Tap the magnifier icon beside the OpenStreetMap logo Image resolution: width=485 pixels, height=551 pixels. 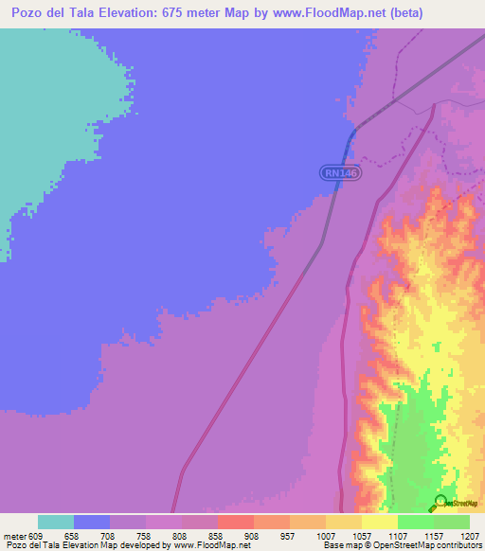pos(441,503)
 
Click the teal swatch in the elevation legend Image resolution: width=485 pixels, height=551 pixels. pos(56,522)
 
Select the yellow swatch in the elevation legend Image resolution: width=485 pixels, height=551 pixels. pos(380,522)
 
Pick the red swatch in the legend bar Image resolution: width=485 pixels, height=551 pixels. pos(236,522)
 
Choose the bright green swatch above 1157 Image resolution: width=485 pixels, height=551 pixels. pos(416,522)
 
